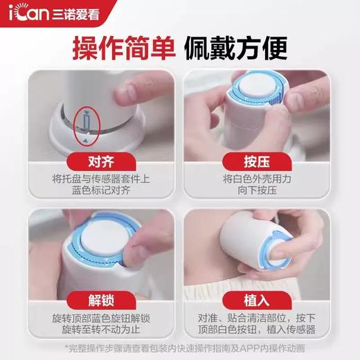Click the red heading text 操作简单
(125, 48)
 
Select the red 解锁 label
(91, 303)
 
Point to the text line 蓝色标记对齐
(91, 190)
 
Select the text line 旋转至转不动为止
(91, 332)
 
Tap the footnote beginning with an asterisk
(180, 348)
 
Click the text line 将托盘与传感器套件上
(91, 178)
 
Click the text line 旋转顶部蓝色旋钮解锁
(91, 319)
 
